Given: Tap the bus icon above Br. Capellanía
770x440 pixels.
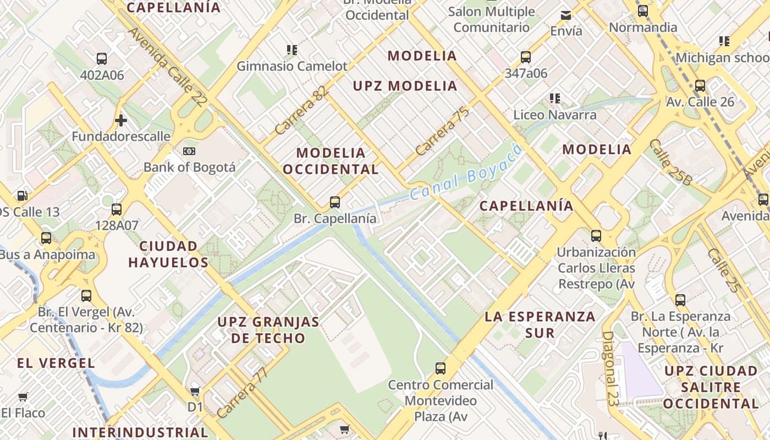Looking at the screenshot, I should point(335,202).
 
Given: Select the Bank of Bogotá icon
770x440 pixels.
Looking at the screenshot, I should point(189,151).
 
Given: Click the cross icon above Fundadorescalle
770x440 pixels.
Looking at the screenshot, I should point(121,120).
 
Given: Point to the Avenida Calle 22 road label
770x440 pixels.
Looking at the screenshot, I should point(168,67).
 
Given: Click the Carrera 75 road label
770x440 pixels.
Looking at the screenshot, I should point(442,131).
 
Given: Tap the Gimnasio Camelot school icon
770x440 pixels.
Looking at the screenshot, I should point(292,50).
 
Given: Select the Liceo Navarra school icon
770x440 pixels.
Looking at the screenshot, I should point(555,98).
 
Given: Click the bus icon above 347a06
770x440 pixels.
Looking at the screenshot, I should point(526,57).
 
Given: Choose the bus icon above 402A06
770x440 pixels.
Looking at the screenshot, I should point(102,59).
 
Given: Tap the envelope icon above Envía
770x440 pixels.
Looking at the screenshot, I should point(566,15).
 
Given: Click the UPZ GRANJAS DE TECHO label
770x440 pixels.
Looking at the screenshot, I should point(268,330).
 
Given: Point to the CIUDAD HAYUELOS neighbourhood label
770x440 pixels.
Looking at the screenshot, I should point(168,254).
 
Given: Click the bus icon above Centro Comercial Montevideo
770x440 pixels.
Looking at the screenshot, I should point(441,369).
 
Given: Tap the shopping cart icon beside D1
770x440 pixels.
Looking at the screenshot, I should point(195,392).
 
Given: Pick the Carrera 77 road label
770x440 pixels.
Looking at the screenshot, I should point(243,393).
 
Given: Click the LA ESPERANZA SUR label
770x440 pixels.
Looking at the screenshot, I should point(540,324).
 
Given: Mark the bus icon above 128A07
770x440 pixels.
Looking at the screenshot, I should point(117,209).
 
